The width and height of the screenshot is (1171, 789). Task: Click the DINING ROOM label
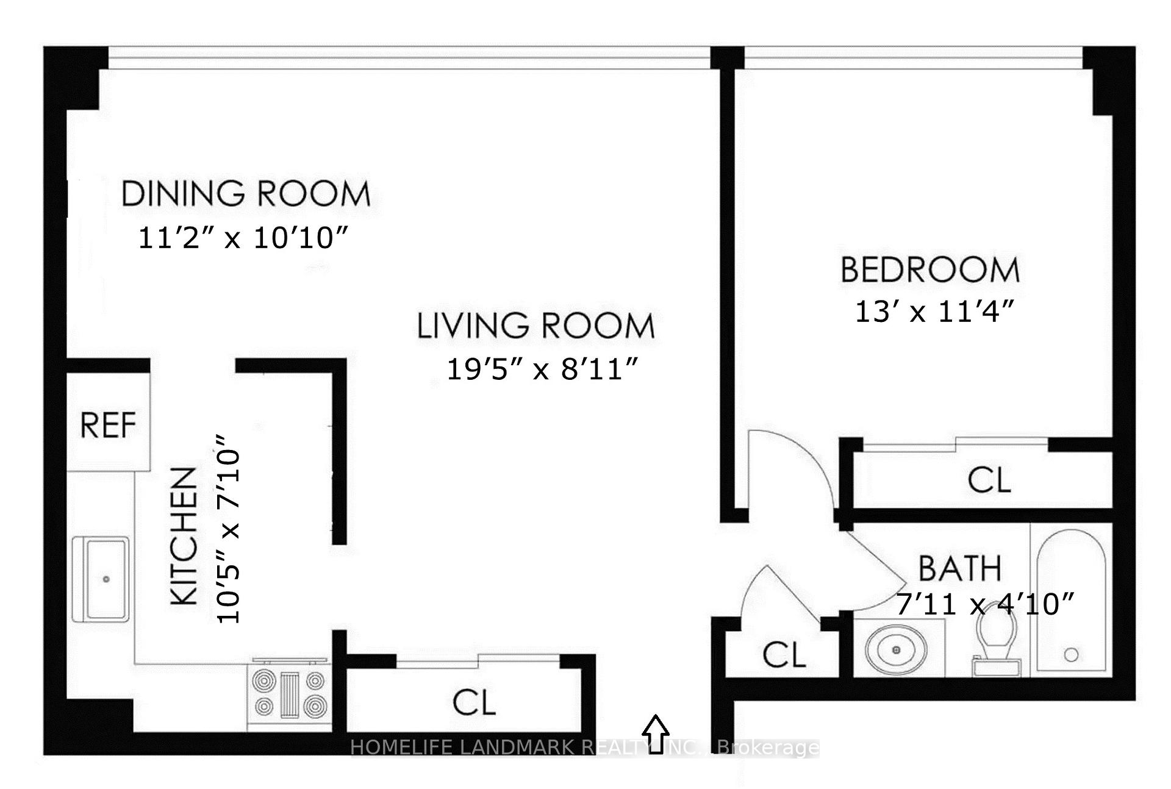point(246,194)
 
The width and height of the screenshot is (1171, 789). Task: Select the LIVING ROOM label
point(535,326)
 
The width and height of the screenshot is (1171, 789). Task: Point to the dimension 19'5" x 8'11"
point(542,369)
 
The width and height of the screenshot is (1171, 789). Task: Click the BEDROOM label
point(929,270)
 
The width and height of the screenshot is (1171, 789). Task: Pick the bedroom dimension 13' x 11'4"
point(934,312)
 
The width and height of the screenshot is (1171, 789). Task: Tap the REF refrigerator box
point(108,425)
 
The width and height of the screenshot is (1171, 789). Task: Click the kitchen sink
point(101,579)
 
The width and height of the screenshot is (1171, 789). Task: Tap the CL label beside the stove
point(474,702)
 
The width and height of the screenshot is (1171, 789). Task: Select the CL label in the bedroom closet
point(989,480)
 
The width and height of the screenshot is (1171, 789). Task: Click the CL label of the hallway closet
point(784,655)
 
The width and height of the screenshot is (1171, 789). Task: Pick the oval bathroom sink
point(896,650)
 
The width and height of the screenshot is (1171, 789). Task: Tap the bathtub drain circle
point(1071,655)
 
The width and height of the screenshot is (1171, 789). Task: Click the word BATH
point(960,568)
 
